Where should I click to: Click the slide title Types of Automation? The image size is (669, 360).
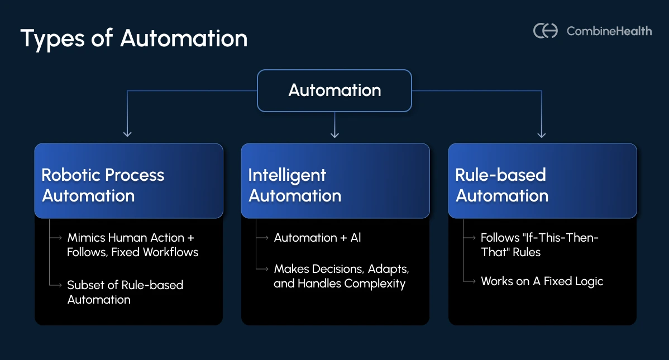pos(134,39)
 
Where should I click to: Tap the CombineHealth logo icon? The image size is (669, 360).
pos(546,31)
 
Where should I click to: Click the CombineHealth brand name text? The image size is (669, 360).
pos(609,31)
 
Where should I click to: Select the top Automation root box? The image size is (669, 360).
pos(334,90)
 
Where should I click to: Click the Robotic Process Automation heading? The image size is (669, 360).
pos(103,185)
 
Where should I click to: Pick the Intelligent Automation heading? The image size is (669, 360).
pos(294,185)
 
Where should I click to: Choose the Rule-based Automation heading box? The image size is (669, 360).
pos(542,181)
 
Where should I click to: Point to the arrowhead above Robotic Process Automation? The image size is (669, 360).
pos(127,133)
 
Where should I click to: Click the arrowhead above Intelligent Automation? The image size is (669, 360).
pos(334,133)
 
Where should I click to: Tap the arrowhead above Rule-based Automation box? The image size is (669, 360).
pos(541,133)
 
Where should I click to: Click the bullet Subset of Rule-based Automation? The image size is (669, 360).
pos(125,292)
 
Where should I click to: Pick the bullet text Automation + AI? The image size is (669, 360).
pos(317,238)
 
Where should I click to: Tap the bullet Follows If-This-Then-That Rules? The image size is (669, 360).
pos(539,245)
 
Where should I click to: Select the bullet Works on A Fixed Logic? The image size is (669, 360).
pos(542,281)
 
